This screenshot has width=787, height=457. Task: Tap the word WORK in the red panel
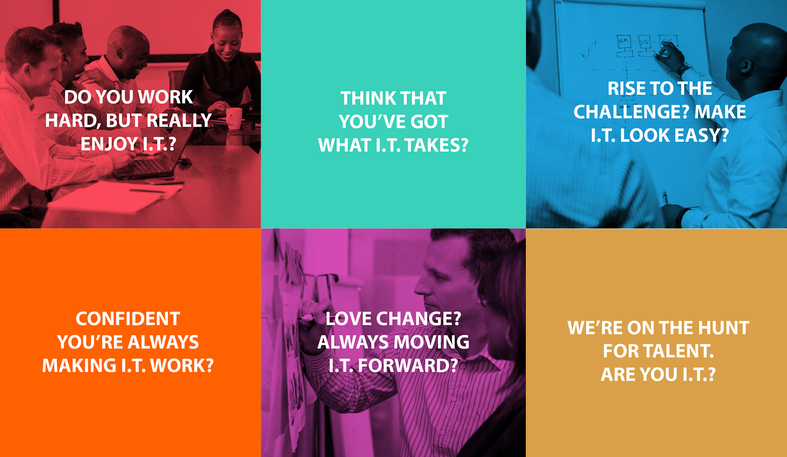165,97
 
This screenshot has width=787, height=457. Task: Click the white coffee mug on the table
234,118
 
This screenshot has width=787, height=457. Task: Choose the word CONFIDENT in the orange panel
128,319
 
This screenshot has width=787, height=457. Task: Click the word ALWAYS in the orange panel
163,342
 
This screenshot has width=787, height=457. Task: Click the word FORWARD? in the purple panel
408,366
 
